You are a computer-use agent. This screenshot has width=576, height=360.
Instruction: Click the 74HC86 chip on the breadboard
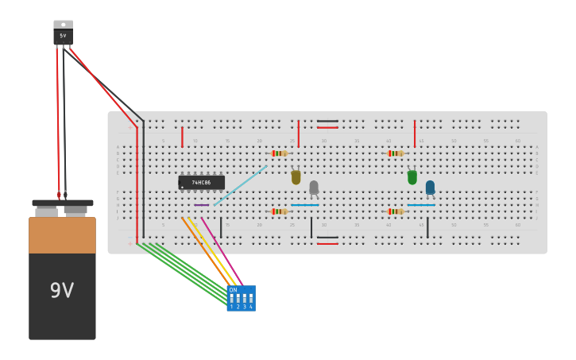pyautogui.click(x=201, y=182)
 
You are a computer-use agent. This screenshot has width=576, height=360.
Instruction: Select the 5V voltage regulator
pyautogui.click(x=63, y=34)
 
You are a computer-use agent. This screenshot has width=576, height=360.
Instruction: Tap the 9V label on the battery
pyautogui.click(x=62, y=291)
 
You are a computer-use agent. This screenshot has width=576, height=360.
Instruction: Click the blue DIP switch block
pyautogui.click(x=241, y=299)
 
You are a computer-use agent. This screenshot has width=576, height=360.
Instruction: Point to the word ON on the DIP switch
pyautogui.click(x=233, y=290)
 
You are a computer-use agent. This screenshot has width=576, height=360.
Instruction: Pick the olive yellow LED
pyautogui.click(x=296, y=177)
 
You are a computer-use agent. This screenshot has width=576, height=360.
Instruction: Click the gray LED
pyautogui.click(x=314, y=188)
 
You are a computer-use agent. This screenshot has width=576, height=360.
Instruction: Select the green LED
pyautogui.click(x=412, y=177)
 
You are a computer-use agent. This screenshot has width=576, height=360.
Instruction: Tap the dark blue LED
pyautogui.click(x=430, y=188)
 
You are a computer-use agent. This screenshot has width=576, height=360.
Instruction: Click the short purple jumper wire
pyautogui.click(x=202, y=205)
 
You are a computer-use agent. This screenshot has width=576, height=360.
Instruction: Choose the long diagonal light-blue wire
pyautogui.click(x=240, y=186)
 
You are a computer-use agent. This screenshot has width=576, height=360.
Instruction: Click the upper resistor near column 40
pyautogui.click(x=395, y=153)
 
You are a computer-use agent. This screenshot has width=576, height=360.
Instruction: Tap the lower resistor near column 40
pyautogui.click(x=395, y=211)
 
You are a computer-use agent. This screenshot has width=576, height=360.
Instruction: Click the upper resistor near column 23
pyautogui.click(x=278, y=153)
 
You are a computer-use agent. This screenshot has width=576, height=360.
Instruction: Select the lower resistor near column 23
pyautogui.click(x=278, y=211)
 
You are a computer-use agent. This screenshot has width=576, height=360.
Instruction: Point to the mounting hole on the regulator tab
pyautogui.click(x=63, y=24)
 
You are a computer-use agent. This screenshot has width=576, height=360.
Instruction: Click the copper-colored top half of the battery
pyautogui.click(x=62, y=235)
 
